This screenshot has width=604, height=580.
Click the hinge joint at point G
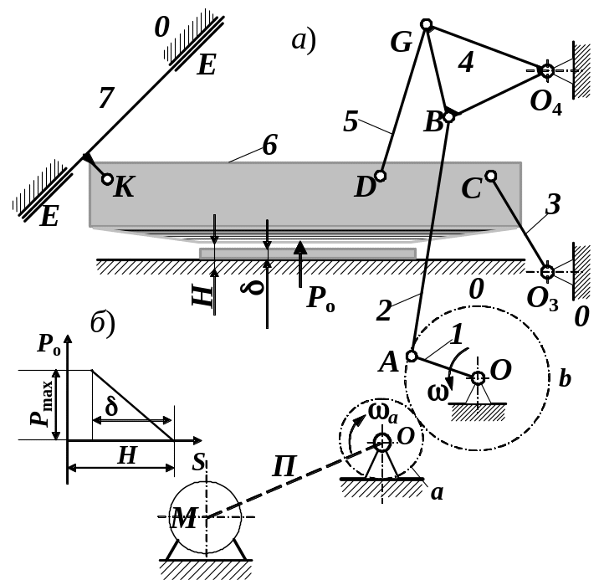pos(427,24)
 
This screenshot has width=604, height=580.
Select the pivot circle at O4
pos(547,70)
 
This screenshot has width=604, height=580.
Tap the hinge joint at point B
pos(449,117)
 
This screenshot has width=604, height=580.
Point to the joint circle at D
pos(380,176)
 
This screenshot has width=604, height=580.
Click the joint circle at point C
pos(490,176)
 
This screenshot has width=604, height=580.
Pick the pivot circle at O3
pos(547,272)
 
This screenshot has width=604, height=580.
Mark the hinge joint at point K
pos(107,179)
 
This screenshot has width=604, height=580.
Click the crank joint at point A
pos(412,356)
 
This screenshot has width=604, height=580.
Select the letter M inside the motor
pos(185,518)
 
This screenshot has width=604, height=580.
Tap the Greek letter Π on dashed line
pos(284,466)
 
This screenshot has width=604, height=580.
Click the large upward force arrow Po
pos(300,264)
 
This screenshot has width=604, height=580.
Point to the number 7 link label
pos(106,97)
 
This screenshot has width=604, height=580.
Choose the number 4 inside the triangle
pos(466,63)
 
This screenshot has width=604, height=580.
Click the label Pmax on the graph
pos(41,403)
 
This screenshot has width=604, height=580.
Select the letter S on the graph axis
pos(198,462)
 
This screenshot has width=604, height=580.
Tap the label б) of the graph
pos(102,324)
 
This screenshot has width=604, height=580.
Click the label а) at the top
pos(304,41)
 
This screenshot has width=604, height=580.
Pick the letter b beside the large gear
pos(565,379)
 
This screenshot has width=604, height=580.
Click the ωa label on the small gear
pos(383,413)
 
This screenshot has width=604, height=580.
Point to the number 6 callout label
pos(269,146)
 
